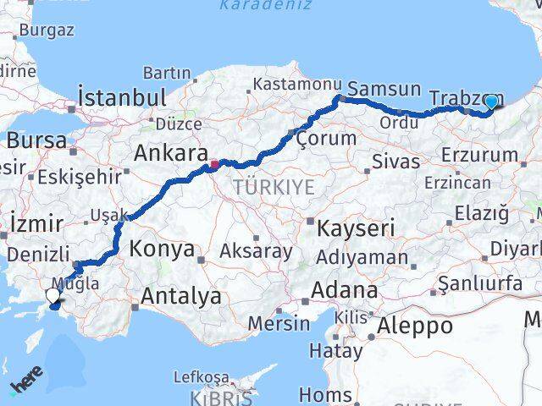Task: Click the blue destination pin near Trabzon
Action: [490, 101]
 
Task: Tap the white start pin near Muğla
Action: [53, 295]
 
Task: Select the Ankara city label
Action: [171, 155]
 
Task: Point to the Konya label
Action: [163, 250]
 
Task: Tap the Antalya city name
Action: [181, 296]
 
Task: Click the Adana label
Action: [344, 290]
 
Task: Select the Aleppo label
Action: [415, 326]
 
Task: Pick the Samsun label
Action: [384, 89]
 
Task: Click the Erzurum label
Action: [478, 155]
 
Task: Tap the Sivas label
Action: [395, 162]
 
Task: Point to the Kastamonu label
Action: [295, 85]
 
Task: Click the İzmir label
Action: [36, 224]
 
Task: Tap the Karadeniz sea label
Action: [264, 6]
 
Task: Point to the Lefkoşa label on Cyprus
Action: [201, 376]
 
